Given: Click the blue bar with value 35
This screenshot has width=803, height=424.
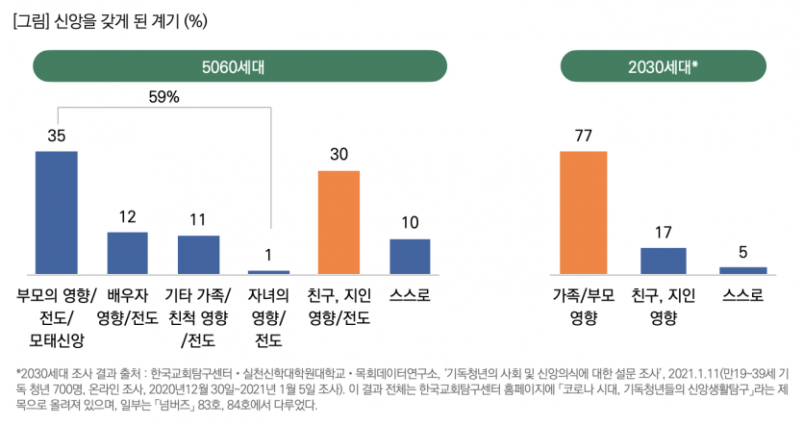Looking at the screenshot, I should pos(57,212).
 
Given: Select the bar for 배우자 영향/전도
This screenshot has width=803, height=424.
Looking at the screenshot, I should pos(127,253).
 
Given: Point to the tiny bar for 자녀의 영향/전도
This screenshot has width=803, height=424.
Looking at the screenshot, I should pos(268,272).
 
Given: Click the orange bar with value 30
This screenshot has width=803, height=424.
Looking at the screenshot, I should pos(339,222).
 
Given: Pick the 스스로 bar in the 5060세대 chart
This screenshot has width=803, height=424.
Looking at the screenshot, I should pos(410,257).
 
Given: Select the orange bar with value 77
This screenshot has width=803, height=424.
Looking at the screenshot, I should pos(585,212).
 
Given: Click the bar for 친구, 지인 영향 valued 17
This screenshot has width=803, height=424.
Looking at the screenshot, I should pos(664,261).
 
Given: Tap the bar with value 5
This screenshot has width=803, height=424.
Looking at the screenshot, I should pos(742,270).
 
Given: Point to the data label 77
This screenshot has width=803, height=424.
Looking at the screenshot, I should pos(584,136).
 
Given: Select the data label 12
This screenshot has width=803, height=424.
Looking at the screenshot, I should pos(127,216).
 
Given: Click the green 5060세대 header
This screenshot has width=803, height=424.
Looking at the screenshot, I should pos(240,66).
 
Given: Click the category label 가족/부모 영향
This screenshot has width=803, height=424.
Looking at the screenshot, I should pos(584,306).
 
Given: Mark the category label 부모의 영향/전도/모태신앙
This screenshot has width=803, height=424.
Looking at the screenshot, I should pos(57,317).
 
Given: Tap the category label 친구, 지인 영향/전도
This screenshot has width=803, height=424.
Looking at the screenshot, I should pos(339,306).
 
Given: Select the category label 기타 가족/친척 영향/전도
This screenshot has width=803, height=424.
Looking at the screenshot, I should pos(198,317).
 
